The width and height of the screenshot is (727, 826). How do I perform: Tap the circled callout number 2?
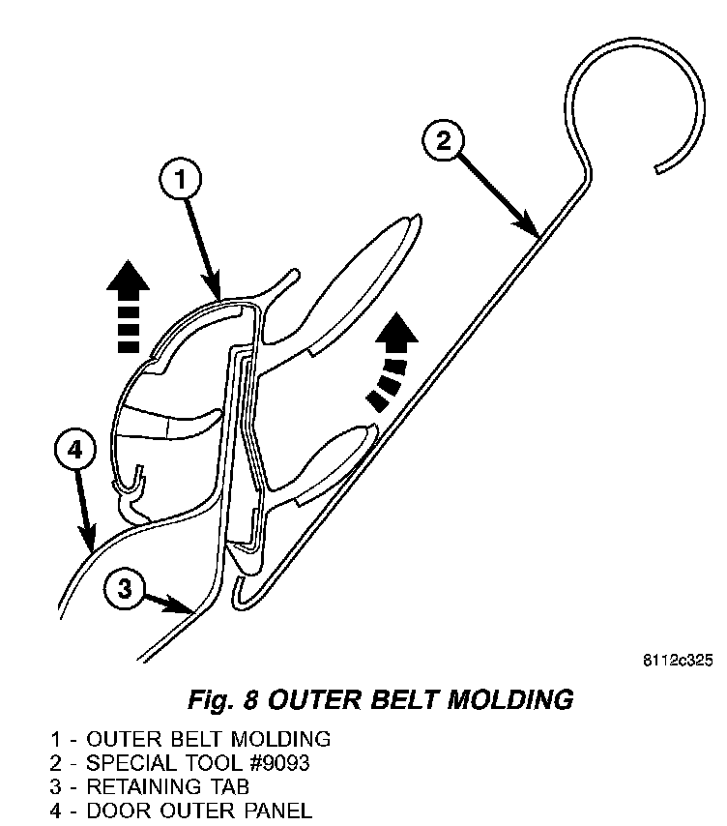pos(443,142)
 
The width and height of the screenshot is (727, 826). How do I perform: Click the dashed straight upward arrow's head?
pos(128,278)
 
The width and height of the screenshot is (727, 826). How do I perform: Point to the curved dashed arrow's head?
pos(397,335)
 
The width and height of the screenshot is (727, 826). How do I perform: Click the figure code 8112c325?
pos(677,661)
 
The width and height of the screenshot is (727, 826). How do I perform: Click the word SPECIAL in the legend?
pos(120,762)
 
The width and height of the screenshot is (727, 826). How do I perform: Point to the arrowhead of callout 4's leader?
pos(91,545)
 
